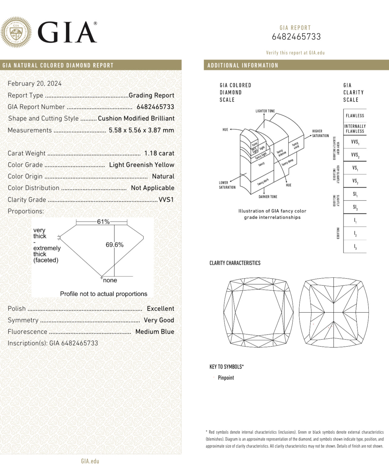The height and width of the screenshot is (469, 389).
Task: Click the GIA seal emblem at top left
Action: click(16, 32)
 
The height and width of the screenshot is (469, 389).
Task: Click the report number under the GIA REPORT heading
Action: click(296, 37)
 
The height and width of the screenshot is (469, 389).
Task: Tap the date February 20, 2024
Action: click(35, 83)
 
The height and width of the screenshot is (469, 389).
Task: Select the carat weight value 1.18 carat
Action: click(159, 153)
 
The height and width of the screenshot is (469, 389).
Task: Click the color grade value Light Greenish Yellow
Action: click(141, 165)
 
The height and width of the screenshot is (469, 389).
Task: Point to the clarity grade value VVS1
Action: click(166, 200)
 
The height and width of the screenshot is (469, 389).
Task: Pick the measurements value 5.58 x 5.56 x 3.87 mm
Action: click(141, 130)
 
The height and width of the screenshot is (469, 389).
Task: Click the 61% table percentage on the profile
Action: click(103, 222)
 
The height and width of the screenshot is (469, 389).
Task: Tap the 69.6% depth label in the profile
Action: click(115, 245)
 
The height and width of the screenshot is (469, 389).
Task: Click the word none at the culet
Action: click(110, 280)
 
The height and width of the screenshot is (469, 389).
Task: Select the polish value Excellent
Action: click(160, 309)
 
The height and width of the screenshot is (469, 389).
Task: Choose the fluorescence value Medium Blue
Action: click(155, 332)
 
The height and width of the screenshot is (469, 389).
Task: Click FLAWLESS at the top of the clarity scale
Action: click(355, 116)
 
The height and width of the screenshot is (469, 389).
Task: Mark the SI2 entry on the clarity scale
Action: click(355, 207)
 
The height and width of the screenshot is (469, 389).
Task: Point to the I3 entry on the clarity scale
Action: click(355, 247)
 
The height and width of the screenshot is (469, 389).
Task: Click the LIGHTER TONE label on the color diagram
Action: click(265, 111)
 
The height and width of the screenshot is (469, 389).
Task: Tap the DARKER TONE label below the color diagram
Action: click(268, 197)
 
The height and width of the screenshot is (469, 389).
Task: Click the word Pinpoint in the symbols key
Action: click(226, 378)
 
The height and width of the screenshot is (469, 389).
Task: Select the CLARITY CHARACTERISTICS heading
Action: click(235, 263)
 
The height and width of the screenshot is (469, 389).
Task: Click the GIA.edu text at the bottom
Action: click(90, 461)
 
